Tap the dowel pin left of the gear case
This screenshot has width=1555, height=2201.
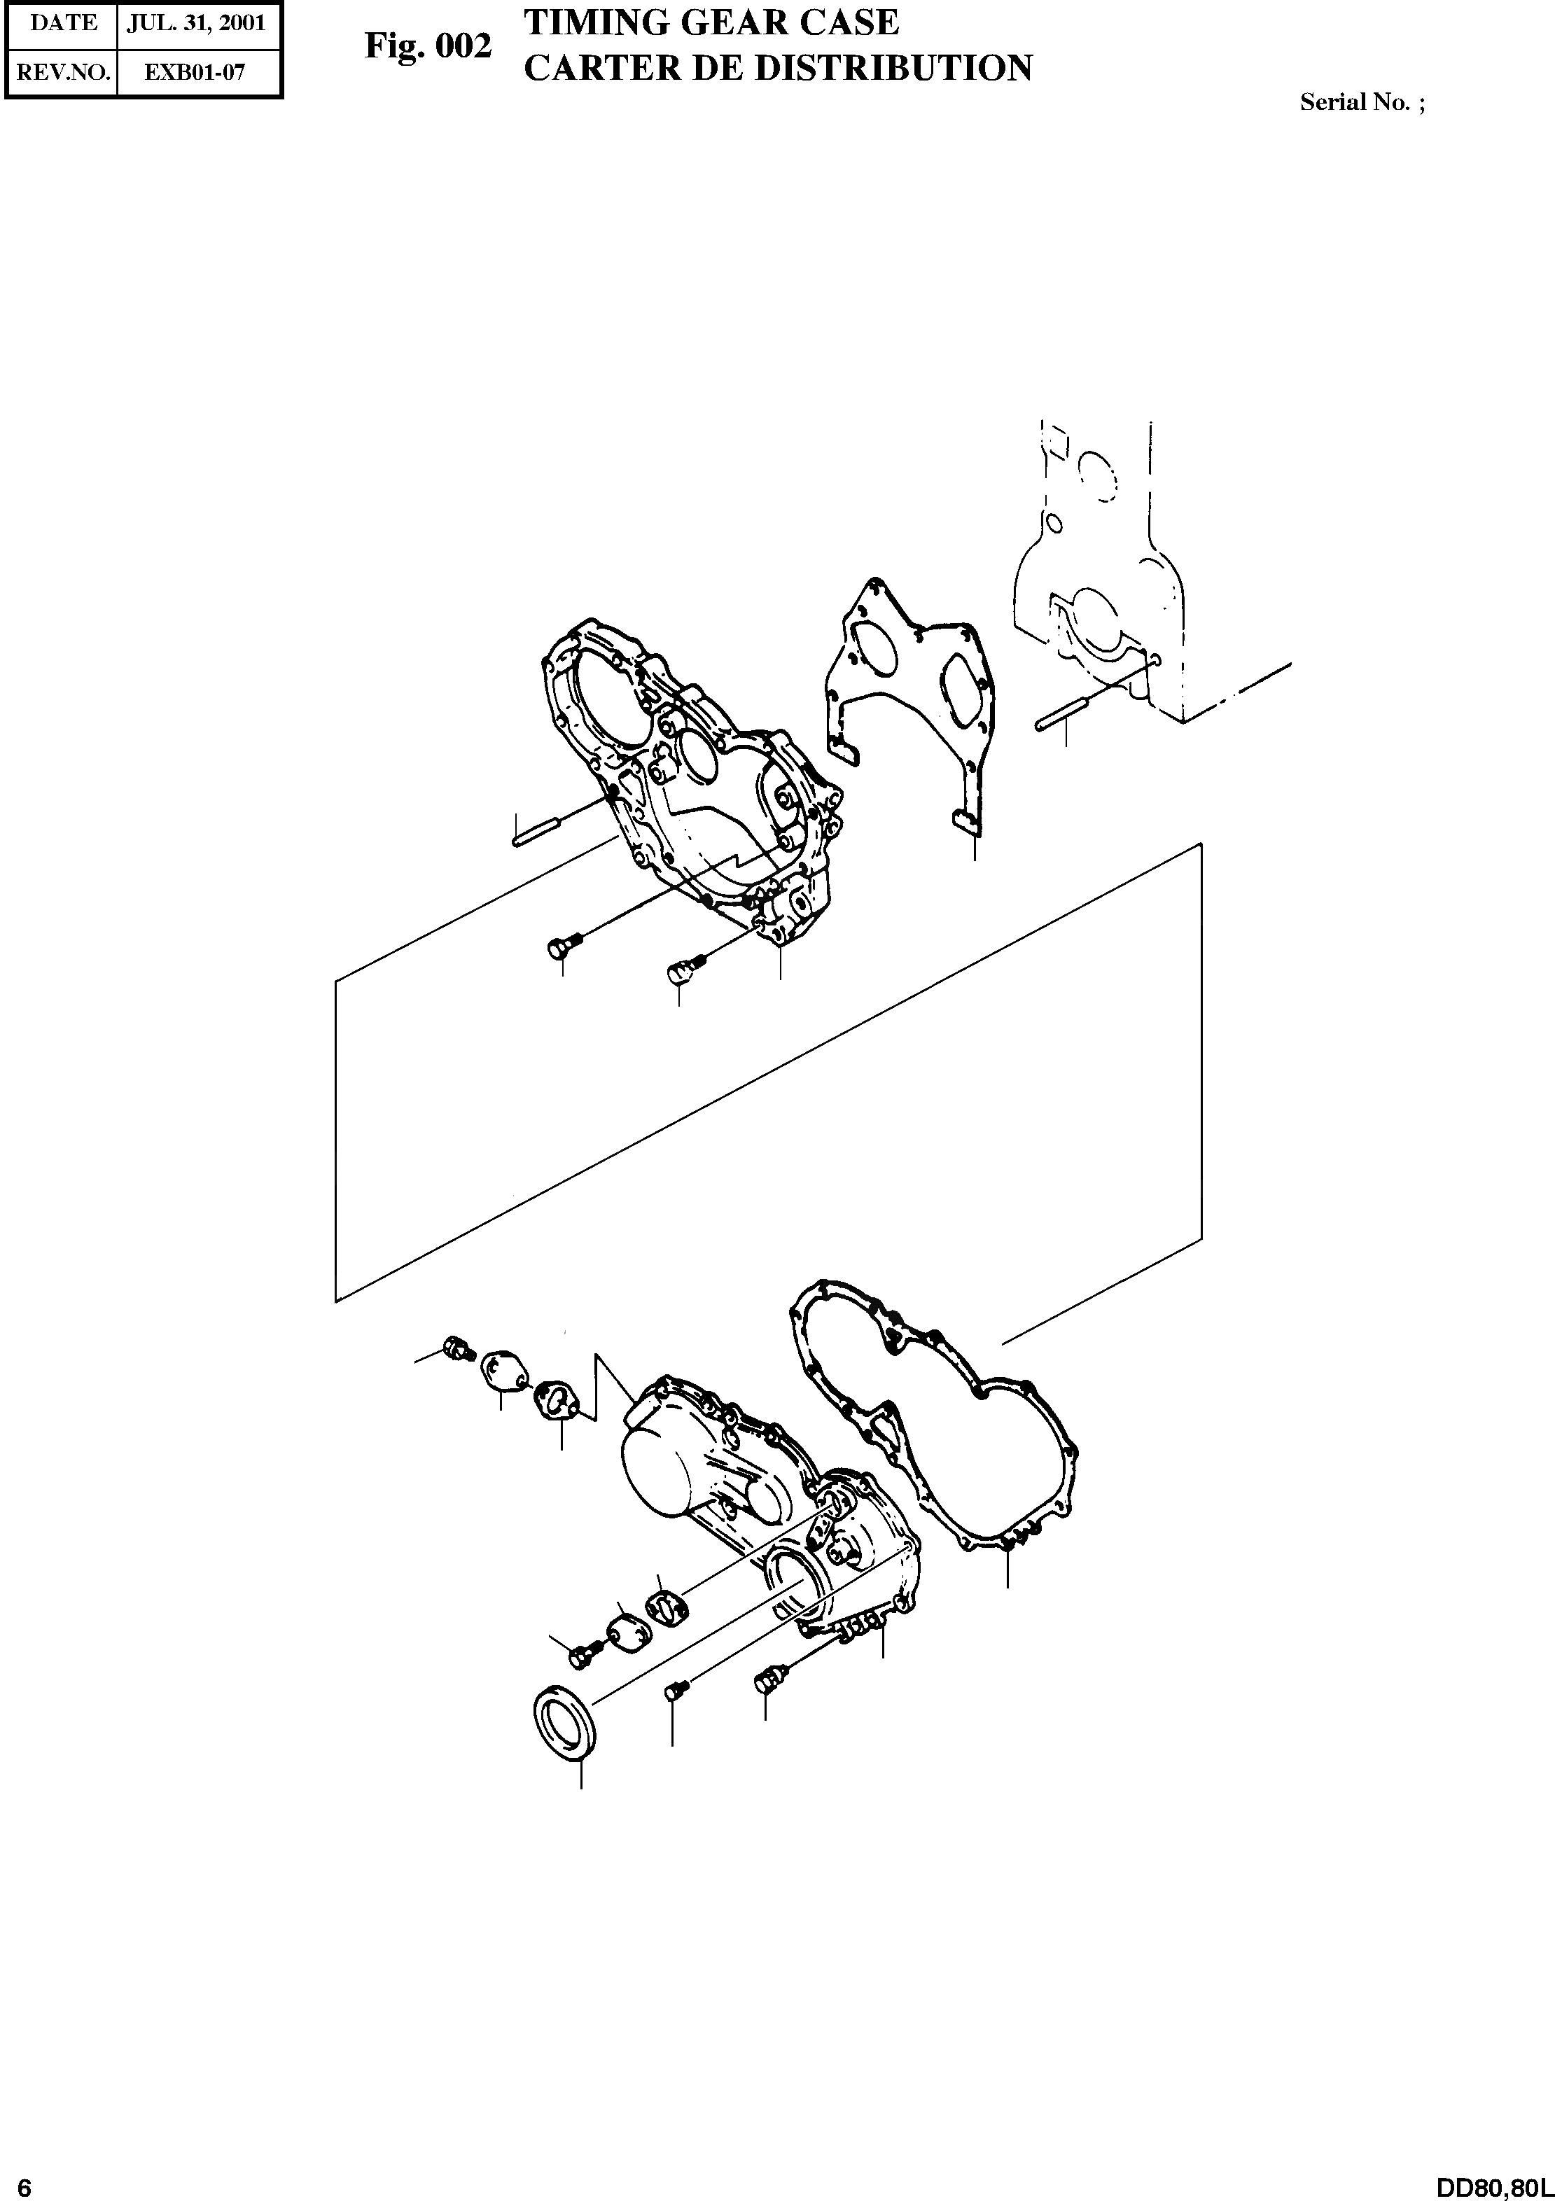pyautogui.click(x=543, y=830)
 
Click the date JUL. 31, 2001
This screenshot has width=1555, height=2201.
pyautogui.click(x=197, y=23)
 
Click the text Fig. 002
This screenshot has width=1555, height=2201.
pyautogui.click(x=428, y=46)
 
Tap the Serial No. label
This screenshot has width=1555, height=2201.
pyautogui.click(x=1361, y=104)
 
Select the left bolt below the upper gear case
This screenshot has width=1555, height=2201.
pyautogui.click(x=559, y=948)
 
